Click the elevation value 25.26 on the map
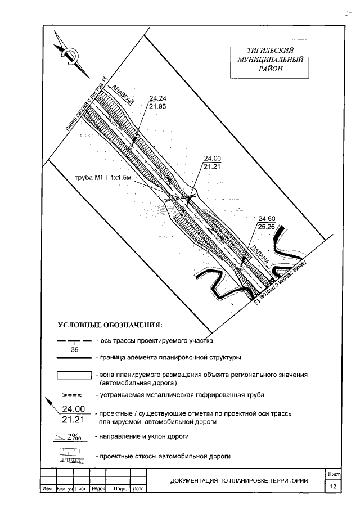[266, 227]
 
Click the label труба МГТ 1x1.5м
[103, 178]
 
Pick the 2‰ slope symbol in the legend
[73, 436]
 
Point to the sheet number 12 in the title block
[334, 486]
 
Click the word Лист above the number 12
[334, 475]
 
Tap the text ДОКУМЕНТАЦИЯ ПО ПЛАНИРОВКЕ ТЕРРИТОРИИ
[239, 480]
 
